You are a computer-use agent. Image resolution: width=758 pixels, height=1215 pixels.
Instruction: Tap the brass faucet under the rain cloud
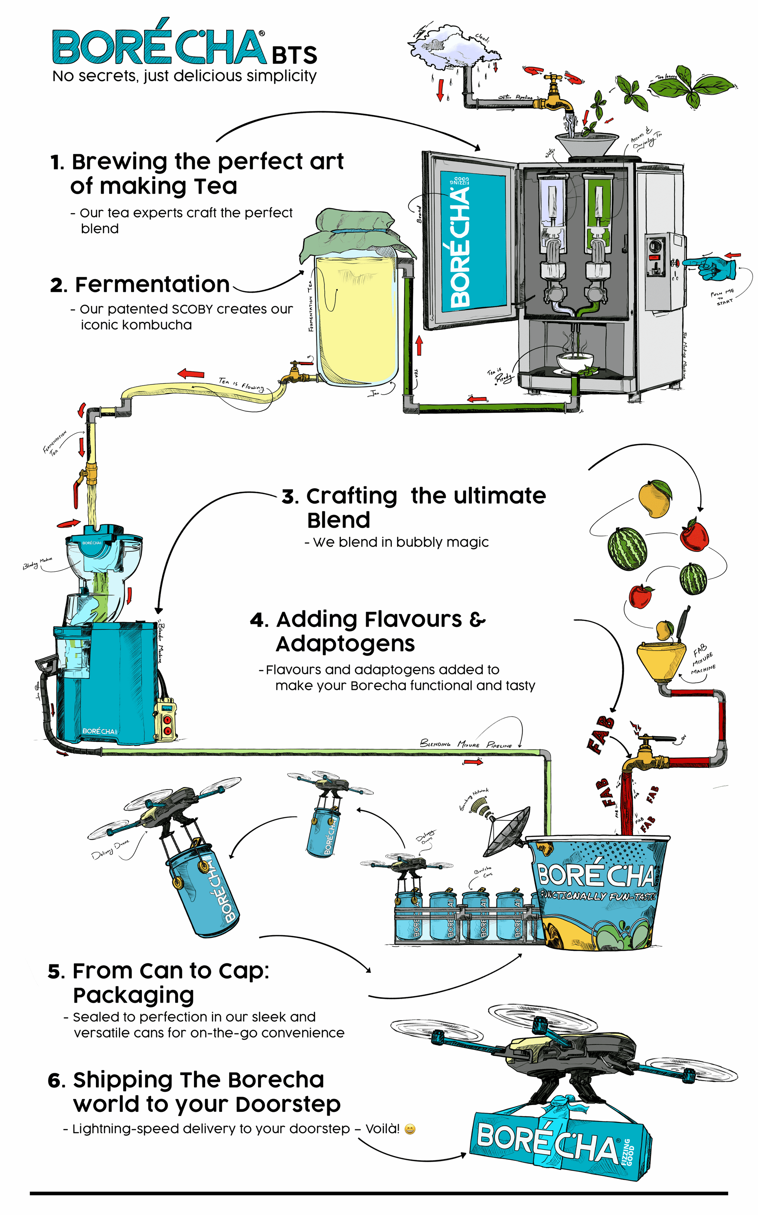tap(554, 95)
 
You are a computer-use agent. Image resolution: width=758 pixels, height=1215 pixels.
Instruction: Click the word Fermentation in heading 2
tap(152, 285)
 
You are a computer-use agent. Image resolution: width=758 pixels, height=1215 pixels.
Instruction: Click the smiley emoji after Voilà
tap(410, 1129)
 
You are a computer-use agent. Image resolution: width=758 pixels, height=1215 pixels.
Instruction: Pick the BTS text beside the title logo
tap(295, 55)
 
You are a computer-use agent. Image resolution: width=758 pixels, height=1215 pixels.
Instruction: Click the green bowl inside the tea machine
tap(575, 361)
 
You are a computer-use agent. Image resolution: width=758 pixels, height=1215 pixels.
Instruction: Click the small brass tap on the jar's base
tap(293, 373)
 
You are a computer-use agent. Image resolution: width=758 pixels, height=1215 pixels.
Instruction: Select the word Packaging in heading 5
tap(133, 996)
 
